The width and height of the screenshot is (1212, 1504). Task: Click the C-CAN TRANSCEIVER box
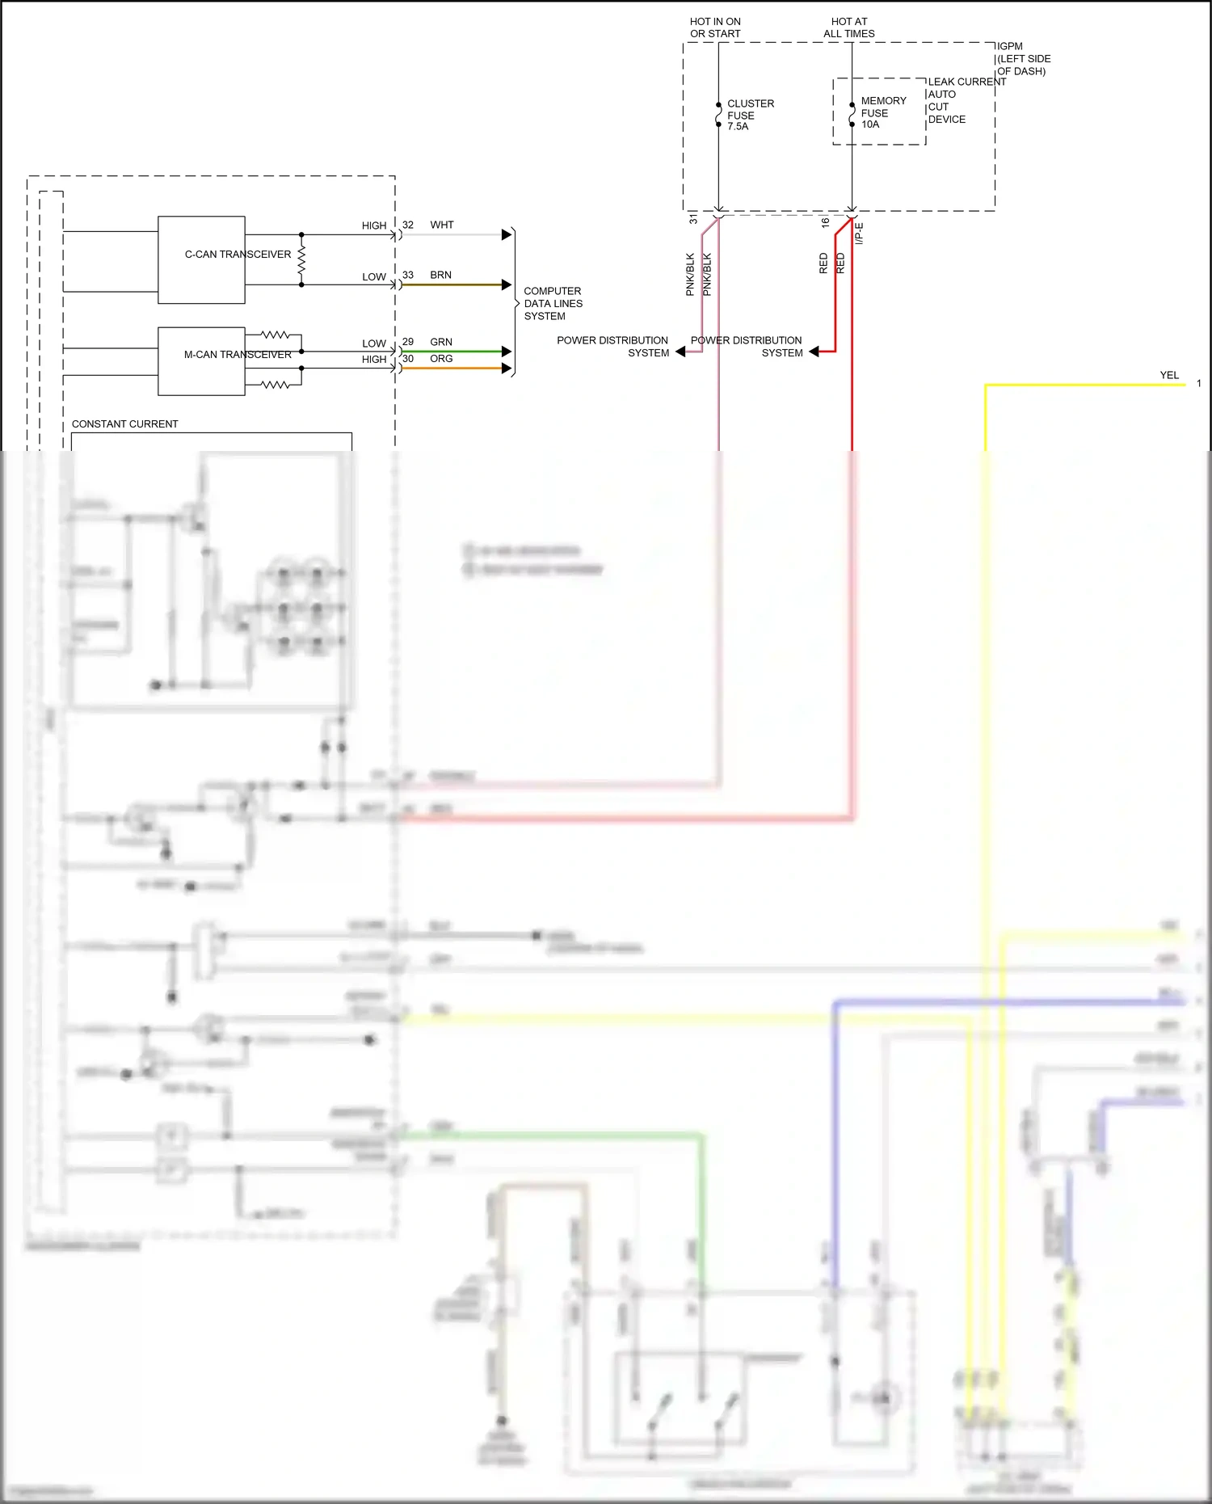coord(201,259)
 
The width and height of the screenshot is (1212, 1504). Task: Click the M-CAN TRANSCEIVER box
coord(201,360)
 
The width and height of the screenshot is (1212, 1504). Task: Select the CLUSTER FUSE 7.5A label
coord(750,115)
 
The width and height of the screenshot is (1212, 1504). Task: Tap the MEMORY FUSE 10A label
coord(882,112)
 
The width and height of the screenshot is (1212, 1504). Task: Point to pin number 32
coord(408,225)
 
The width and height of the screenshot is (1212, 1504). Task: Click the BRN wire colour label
coord(440,275)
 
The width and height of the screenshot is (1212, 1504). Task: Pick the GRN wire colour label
coord(441,342)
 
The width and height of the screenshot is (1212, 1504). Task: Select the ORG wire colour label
coord(441,359)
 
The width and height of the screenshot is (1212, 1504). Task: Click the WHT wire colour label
coord(442,225)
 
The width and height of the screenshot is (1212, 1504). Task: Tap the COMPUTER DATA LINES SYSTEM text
coord(553,303)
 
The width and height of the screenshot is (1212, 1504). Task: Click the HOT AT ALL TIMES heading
coord(849,27)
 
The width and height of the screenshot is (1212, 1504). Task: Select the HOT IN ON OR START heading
coord(715,27)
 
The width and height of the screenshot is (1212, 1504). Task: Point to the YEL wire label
coord(1169,375)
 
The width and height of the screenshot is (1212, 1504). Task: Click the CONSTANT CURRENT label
coord(124,423)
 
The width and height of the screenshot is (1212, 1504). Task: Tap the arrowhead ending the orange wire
coord(507,369)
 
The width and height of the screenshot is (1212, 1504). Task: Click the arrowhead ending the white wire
coord(507,234)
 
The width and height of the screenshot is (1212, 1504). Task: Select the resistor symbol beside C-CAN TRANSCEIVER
coord(301,260)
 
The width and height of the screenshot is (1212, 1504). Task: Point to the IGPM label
coord(1010,46)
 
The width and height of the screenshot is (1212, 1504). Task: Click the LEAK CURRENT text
coord(966,82)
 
